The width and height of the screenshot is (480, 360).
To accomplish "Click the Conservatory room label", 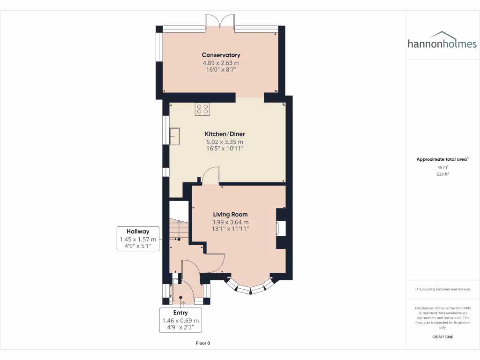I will pyautogui.click(x=221, y=55).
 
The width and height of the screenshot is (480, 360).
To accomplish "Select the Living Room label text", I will pyautogui.click(x=230, y=214).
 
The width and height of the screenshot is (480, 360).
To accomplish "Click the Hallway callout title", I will pyautogui.click(x=138, y=231).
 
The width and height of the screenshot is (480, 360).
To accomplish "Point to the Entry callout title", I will pyautogui.click(x=180, y=313).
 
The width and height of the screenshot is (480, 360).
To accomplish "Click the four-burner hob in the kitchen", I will pyautogui.click(x=202, y=109).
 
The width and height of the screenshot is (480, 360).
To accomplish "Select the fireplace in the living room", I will pyautogui.click(x=280, y=228).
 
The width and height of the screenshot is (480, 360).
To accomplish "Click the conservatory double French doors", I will pyautogui.click(x=220, y=23).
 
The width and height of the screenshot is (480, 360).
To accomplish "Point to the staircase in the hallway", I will pyautogui.click(x=178, y=230).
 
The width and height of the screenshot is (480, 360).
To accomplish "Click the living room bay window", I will pyautogui.click(x=250, y=287).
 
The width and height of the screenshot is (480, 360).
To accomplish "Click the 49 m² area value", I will pyautogui.click(x=443, y=167).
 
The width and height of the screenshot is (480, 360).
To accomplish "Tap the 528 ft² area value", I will pyautogui.click(x=443, y=174).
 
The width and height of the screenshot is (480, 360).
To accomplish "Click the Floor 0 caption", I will pyautogui.click(x=203, y=343).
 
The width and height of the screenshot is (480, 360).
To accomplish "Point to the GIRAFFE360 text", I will pyautogui.click(x=443, y=337).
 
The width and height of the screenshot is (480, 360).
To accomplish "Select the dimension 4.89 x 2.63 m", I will pyautogui.click(x=221, y=63).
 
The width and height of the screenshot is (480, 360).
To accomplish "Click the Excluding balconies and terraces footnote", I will pyautogui.click(x=443, y=289).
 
